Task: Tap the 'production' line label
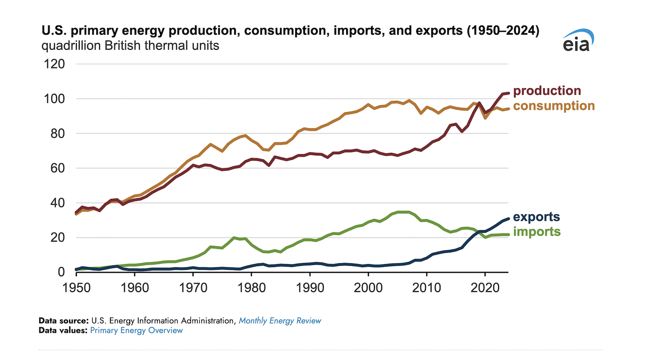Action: click(547, 91)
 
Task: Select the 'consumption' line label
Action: click(554, 106)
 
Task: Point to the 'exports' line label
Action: click(536, 217)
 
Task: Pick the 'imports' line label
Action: click(537, 231)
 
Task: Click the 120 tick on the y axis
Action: click(54, 64)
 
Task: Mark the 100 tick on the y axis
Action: click(54, 99)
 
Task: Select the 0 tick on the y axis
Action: click(61, 272)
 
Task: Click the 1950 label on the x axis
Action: click(76, 288)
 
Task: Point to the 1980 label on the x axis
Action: click(252, 288)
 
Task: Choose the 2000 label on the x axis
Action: click(368, 288)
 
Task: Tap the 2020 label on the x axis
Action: click(485, 288)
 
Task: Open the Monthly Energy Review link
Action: click(280, 321)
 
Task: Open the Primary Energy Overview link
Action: click(136, 330)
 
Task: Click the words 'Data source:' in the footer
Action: click(63, 321)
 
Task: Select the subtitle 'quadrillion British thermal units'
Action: click(130, 45)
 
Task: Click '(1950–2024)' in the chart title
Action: click(503, 30)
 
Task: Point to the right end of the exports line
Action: click(508, 218)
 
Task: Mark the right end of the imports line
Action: click(508, 235)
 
